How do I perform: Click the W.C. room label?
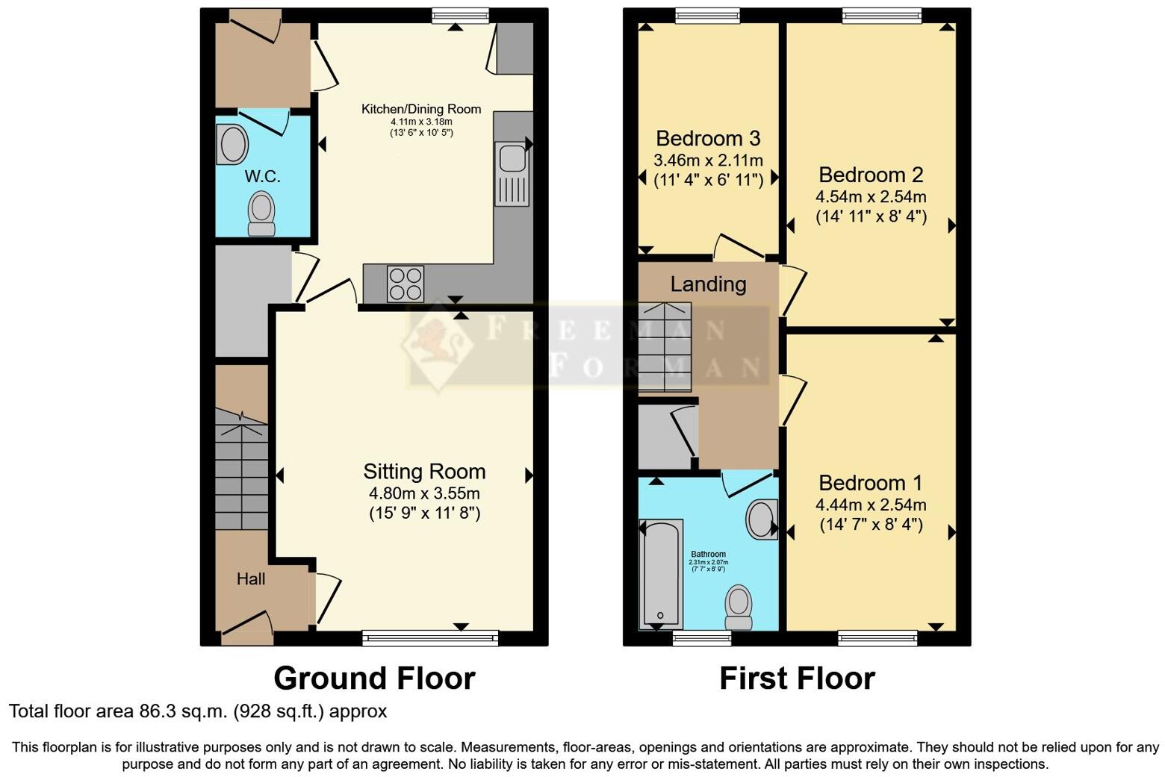click(x=262, y=177)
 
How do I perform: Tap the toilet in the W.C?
click(x=261, y=213)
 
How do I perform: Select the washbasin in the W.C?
click(x=232, y=144)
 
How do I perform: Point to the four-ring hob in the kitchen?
click(x=405, y=284)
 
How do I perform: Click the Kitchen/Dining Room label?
click(x=421, y=109)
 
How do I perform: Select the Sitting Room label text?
click(x=424, y=472)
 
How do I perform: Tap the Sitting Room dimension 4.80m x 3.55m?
click(x=424, y=493)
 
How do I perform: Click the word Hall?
click(x=251, y=579)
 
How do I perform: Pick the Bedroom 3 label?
click(x=708, y=139)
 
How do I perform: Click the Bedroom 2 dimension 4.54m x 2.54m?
click(x=871, y=197)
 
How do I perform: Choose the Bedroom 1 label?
click(x=871, y=483)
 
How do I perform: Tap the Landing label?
click(x=708, y=284)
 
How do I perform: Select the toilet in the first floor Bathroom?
click(x=739, y=607)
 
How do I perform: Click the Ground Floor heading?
click(x=374, y=678)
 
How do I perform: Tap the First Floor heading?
click(x=797, y=678)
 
